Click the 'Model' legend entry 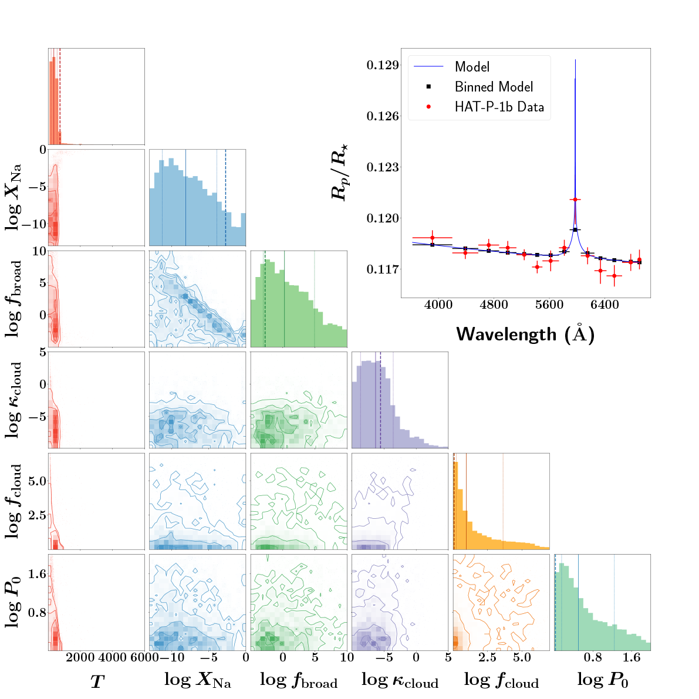[472, 67]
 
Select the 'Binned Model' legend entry [494, 87]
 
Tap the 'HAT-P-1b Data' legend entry [499, 107]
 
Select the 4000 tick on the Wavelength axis [438, 305]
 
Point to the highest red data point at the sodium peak [575, 200]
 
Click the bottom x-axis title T [97, 681]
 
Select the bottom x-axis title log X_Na [197, 680]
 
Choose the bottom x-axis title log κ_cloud [400, 680]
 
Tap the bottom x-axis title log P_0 [602, 680]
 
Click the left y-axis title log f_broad [15, 298]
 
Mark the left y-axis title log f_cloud [15, 501]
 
